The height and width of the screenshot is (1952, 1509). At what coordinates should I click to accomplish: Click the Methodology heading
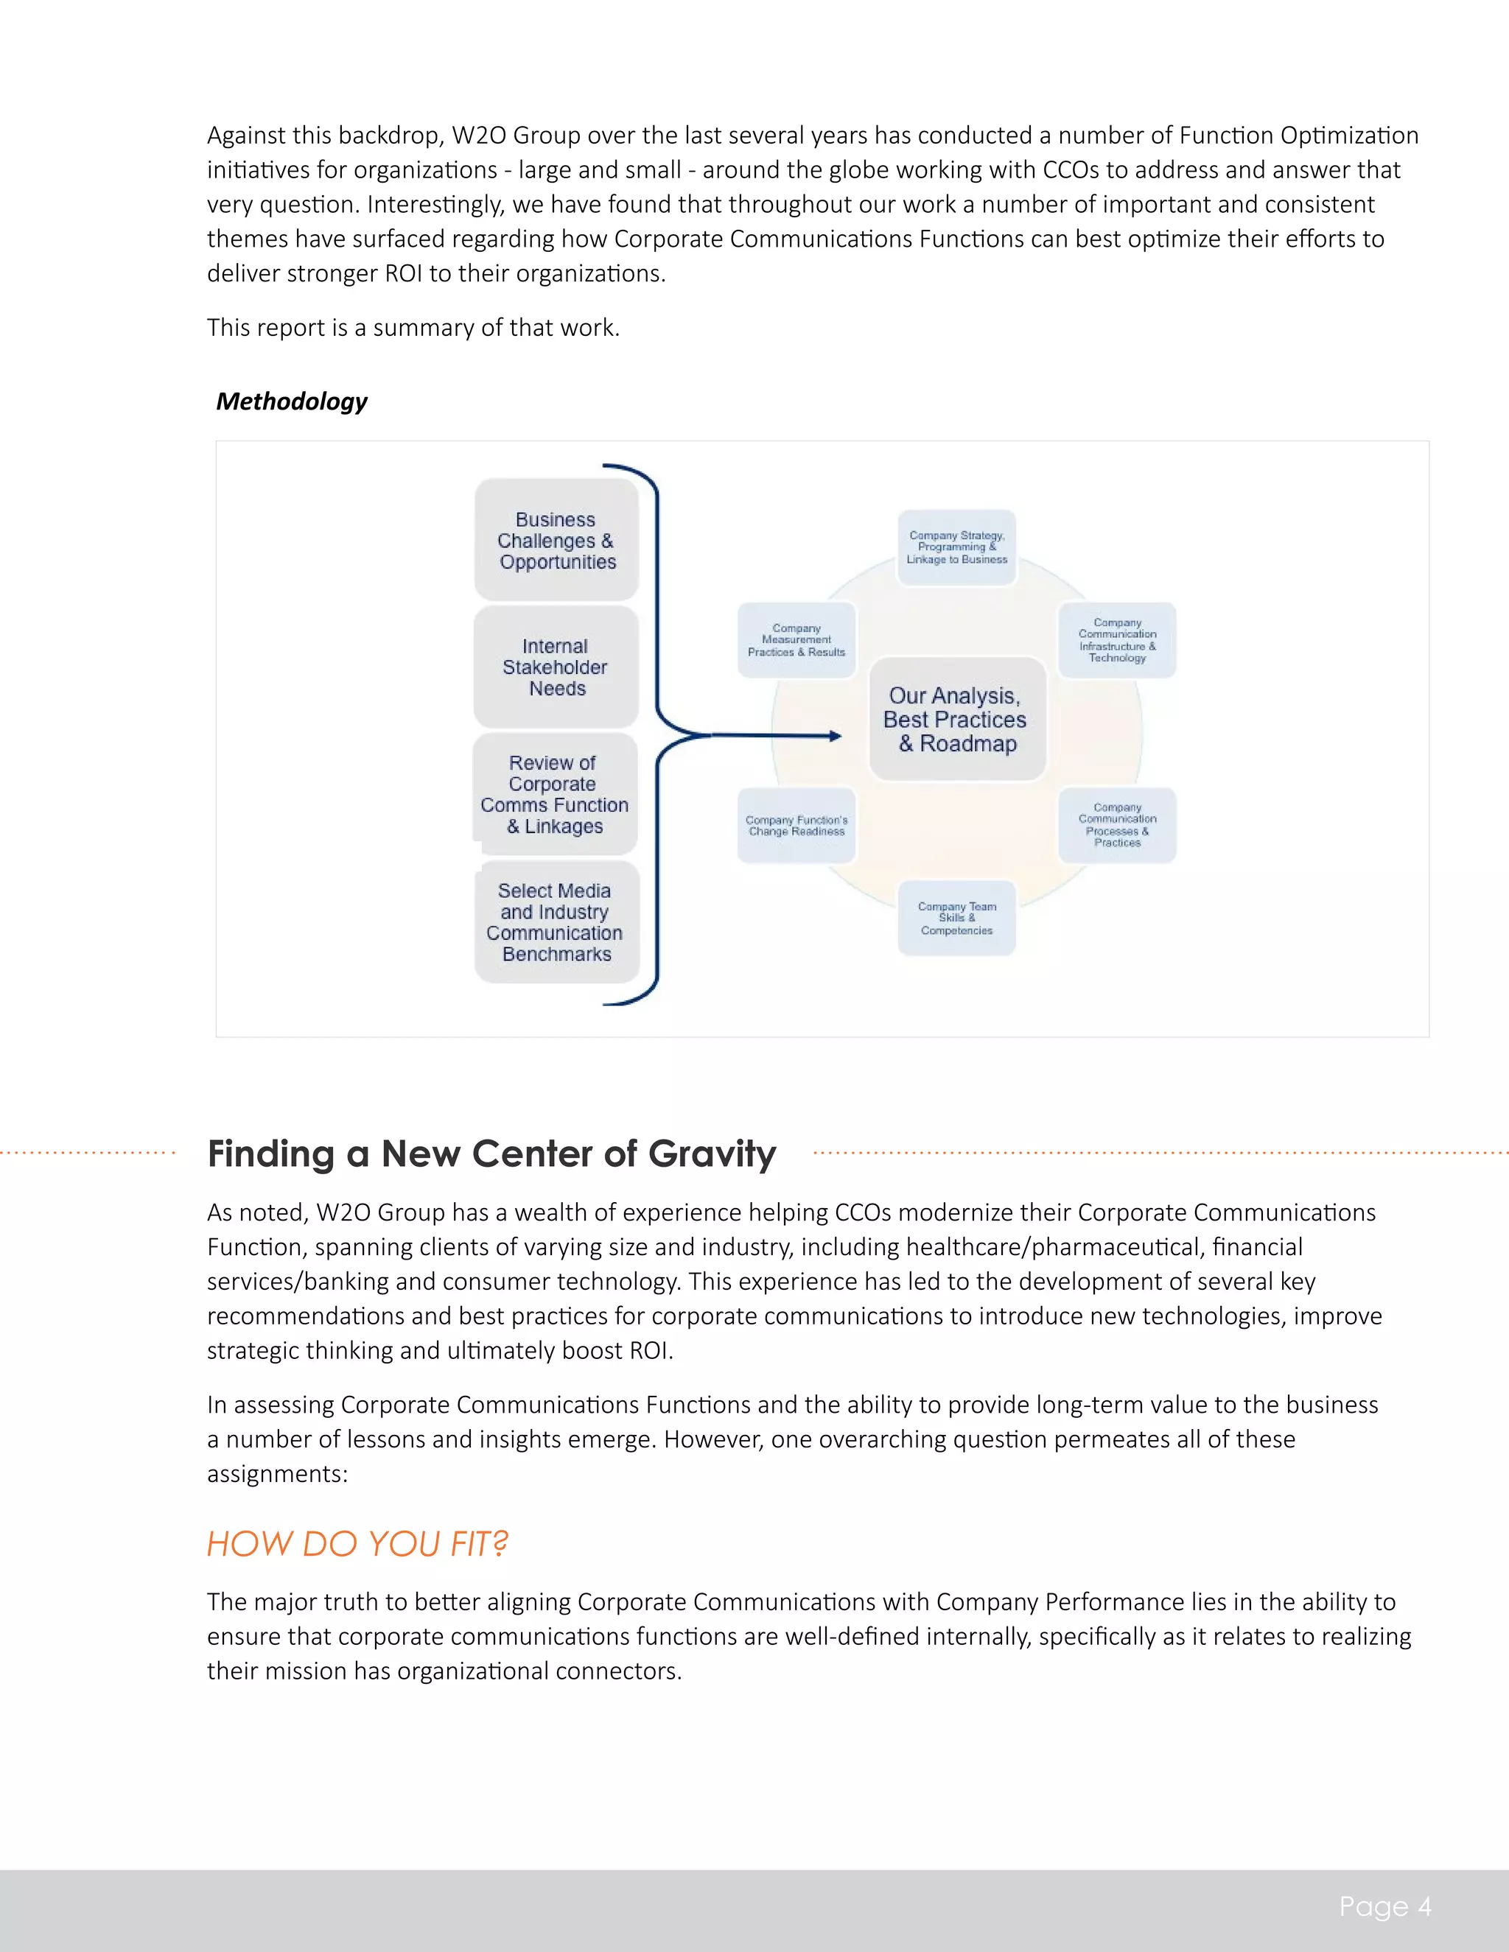[292, 401]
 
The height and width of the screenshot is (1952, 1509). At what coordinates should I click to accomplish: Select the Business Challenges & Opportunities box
[556, 541]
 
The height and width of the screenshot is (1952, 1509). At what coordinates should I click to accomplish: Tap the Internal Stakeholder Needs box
[556, 667]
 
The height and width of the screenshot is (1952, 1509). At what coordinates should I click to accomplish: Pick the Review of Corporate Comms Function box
[555, 793]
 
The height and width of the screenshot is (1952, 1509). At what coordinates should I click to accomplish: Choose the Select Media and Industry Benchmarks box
[556, 921]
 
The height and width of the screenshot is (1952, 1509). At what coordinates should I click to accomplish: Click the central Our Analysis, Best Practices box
[956, 720]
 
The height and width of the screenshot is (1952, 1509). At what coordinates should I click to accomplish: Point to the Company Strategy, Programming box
[956, 547]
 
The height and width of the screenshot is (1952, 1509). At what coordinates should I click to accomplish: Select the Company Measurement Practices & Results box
[796, 640]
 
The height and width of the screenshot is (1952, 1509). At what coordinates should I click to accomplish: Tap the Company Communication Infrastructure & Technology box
[1116, 640]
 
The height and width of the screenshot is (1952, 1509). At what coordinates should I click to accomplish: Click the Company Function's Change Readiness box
[796, 825]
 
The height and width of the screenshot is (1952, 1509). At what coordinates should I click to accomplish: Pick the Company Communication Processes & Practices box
[1116, 825]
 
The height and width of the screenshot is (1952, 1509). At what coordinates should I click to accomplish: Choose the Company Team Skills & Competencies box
[956, 918]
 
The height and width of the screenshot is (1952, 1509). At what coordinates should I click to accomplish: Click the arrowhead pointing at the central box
[836, 736]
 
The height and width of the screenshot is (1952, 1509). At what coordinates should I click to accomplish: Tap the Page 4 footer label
[1384, 1906]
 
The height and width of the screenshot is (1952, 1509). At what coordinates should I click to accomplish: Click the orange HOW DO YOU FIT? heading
[357, 1543]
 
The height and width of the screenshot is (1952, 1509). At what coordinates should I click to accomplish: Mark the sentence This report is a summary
[413, 327]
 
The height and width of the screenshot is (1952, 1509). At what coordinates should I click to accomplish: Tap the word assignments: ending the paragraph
[277, 1473]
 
